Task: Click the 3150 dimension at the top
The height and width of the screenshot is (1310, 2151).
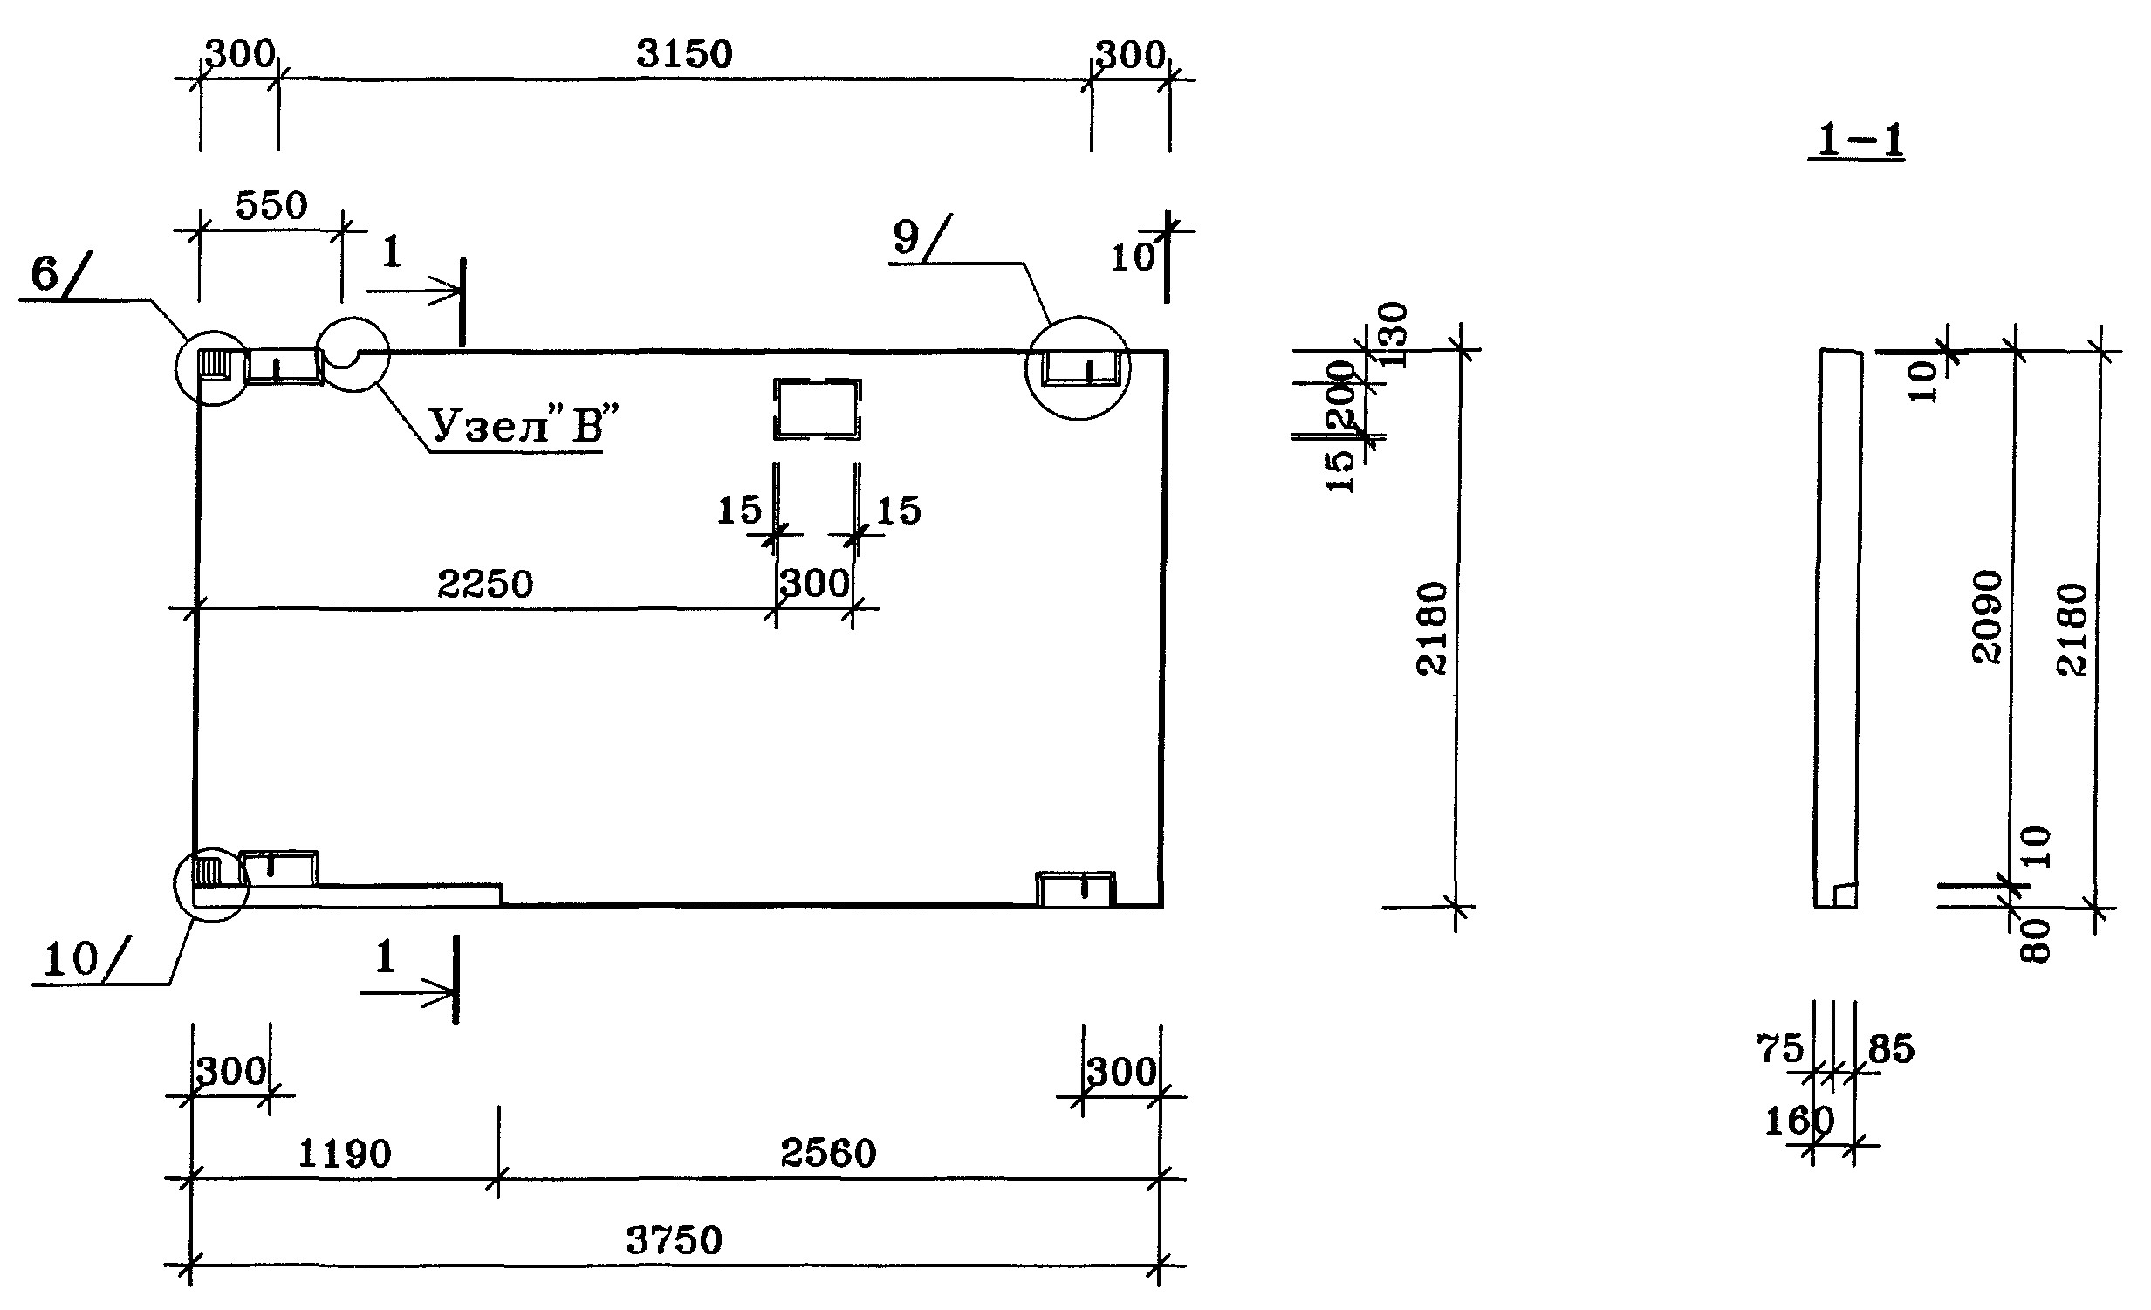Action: pos(684,54)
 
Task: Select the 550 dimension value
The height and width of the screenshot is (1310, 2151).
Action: pos(271,206)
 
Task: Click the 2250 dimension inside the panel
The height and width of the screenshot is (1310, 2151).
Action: pos(485,584)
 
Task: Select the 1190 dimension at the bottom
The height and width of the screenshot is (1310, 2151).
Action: pos(345,1155)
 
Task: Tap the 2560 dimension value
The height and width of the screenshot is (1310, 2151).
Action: pos(827,1154)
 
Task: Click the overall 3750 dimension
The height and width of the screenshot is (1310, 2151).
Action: pos(674,1240)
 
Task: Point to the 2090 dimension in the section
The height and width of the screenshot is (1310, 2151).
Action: pos(1988,617)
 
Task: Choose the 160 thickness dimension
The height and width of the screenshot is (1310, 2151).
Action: pos(1798,1121)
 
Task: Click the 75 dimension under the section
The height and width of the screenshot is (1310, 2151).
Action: pos(1780,1049)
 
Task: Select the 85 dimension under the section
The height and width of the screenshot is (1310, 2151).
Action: pos(1891,1049)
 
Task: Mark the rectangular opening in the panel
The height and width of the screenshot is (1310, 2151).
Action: pos(817,408)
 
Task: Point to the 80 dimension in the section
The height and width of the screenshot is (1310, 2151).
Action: pos(2037,941)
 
